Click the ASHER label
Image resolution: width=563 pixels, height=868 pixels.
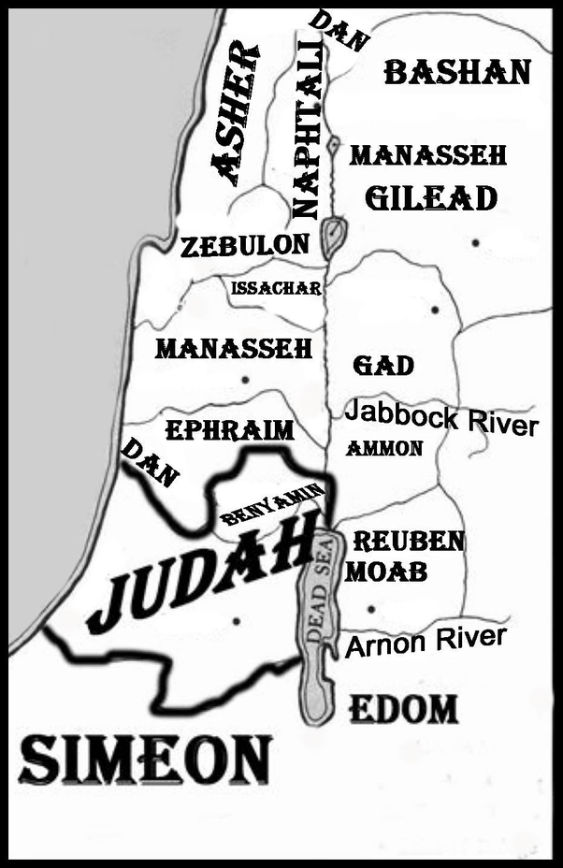235,114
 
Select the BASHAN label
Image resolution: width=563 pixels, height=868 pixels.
457,72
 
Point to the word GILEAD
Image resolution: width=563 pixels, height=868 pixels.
429,199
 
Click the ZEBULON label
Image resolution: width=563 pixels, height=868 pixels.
244,246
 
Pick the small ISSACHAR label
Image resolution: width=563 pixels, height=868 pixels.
276,287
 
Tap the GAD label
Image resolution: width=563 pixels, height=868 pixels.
383,365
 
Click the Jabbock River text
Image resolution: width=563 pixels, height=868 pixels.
441,418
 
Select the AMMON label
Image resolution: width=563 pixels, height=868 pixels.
384,449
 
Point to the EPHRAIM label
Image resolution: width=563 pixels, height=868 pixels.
229,430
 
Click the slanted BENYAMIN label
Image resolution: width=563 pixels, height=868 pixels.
272,505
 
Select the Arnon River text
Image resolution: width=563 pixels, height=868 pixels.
426,642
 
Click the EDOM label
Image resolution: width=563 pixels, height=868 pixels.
403,710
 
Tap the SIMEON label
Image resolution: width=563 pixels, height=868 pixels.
144,759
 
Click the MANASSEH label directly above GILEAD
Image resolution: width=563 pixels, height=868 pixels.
427,155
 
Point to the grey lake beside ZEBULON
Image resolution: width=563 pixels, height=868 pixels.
332,238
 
